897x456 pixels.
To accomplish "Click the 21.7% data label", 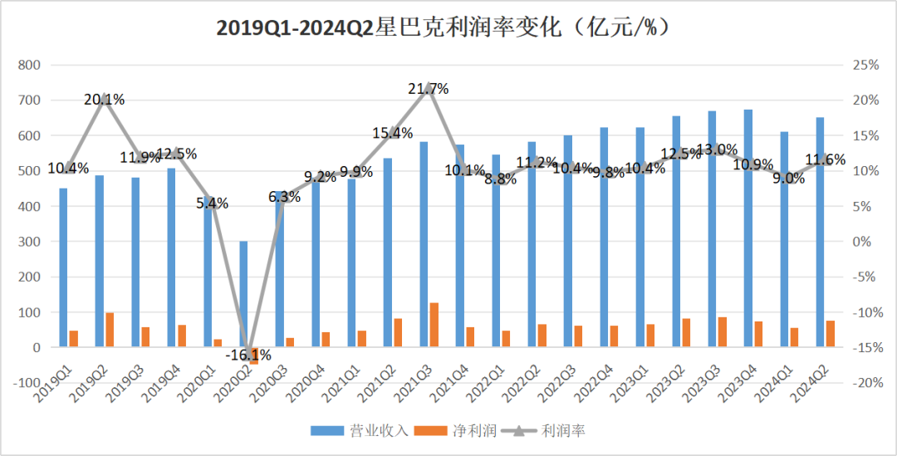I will coord(429,88).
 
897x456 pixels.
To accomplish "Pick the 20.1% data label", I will coord(105,100).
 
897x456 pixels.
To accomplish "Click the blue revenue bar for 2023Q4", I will coord(747,228).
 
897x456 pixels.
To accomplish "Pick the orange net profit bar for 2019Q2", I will coord(110,330).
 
